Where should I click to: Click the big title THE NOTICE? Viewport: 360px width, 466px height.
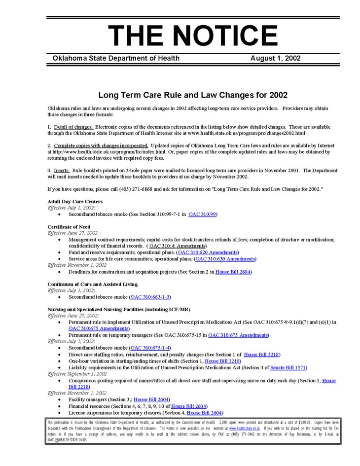coord(193,36)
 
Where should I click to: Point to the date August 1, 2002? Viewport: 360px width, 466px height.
coord(275,58)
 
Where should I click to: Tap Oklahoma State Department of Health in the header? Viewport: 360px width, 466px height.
coord(116,58)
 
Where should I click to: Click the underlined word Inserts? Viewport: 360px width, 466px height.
coord(62,170)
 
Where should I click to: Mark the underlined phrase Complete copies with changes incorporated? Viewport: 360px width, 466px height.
coord(101,145)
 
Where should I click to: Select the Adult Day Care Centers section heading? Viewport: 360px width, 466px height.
coord(75,201)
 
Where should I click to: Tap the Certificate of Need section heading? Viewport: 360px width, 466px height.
coord(69,227)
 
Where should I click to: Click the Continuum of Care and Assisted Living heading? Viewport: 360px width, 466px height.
coord(92,284)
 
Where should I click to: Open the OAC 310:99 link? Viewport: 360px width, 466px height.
coord(203,215)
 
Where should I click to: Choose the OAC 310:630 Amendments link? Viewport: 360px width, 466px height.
coord(225,258)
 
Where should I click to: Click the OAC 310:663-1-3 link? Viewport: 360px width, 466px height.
coord(150,297)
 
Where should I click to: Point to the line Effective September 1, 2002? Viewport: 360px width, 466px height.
coord(77,374)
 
